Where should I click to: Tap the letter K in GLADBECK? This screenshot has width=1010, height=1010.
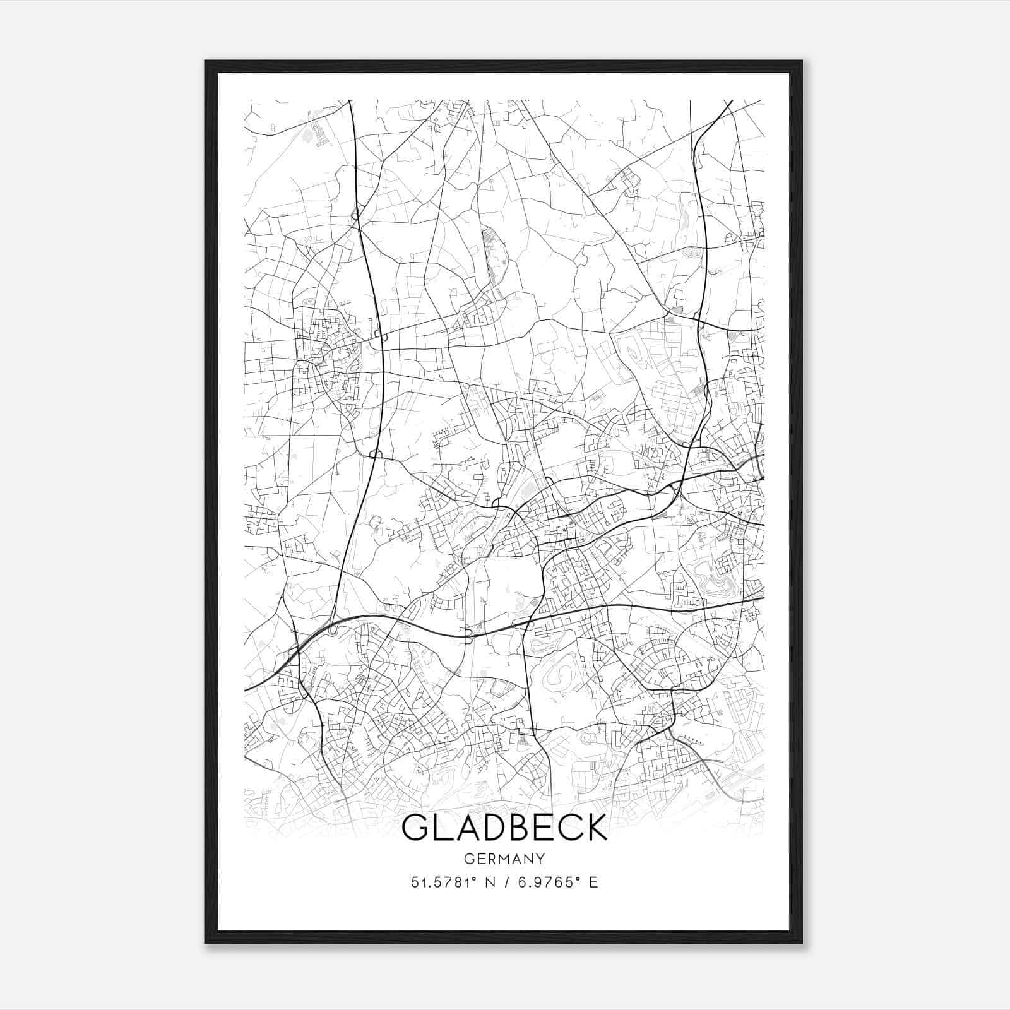pyautogui.click(x=595, y=827)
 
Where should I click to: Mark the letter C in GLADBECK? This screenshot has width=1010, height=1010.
pyautogui.click(x=566, y=827)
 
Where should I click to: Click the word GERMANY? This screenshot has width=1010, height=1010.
pyautogui.click(x=504, y=858)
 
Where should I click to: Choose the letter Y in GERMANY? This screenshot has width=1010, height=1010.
pyautogui.click(x=540, y=858)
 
